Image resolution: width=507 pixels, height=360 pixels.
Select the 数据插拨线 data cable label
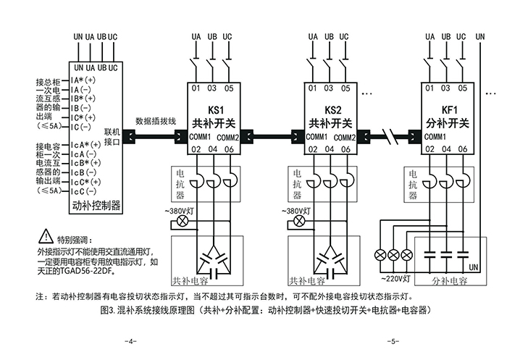156,122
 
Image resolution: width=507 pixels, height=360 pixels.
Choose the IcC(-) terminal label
83,191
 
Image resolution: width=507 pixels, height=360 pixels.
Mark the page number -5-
390,340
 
